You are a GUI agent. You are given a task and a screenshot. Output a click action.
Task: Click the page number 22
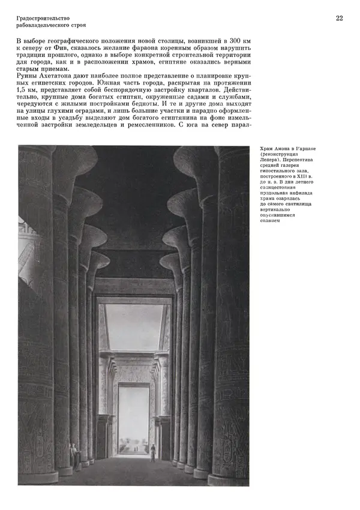coord(339,19)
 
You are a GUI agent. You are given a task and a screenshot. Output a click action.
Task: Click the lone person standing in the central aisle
coord(152,452)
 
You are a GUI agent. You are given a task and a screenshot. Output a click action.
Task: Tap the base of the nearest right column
coord(229,478)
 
